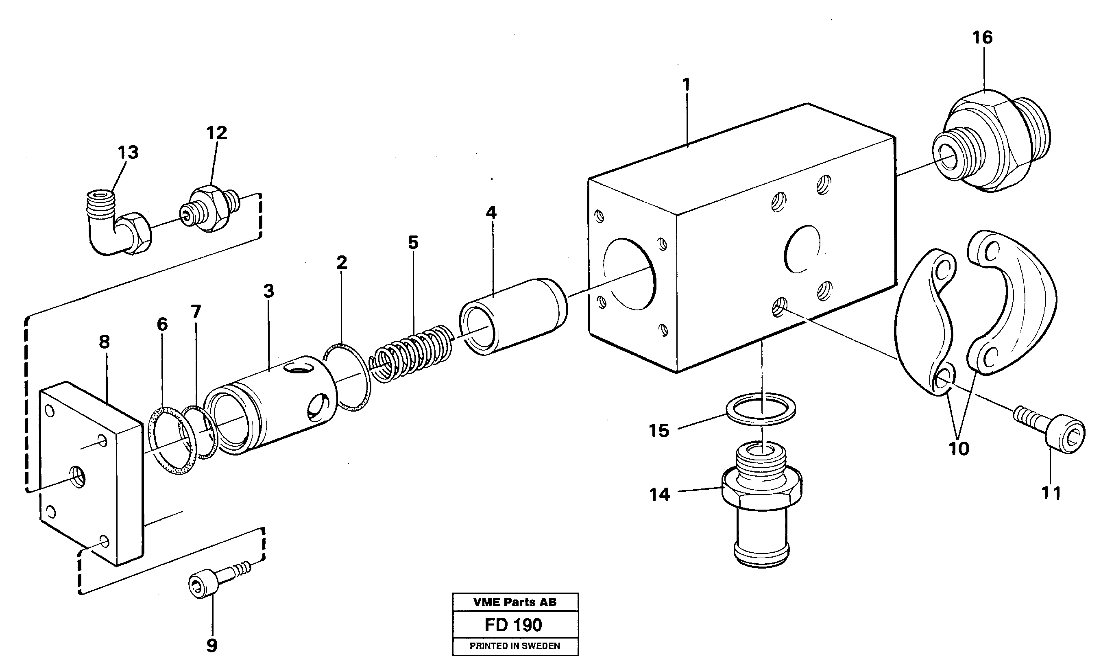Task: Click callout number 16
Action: [982, 38]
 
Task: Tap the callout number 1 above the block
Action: [686, 84]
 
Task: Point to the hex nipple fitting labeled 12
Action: [210, 209]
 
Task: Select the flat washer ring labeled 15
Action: [760, 407]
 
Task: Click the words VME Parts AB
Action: [515, 602]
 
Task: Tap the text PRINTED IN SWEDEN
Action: [515, 646]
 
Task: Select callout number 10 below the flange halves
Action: [959, 449]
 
